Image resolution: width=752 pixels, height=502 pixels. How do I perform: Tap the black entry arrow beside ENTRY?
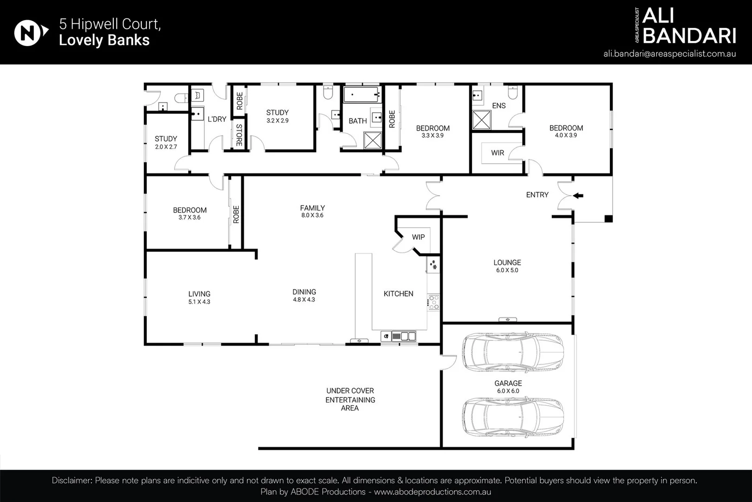pyautogui.click(x=578, y=196)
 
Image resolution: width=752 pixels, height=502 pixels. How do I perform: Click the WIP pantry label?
pyautogui.click(x=418, y=237)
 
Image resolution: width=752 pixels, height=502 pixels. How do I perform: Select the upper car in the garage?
pyautogui.click(x=513, y=351)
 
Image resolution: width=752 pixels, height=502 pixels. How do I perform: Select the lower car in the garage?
pyautogui.click(x=513, y=417)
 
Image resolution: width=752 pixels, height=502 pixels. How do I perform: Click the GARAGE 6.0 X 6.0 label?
pyautogui.click(x=508, y=387)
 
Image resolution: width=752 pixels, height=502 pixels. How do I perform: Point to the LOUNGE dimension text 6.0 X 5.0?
pyautogui.click(x=507, y=270)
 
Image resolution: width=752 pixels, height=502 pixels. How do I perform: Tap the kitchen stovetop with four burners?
pyautogui.click(x=433, y=302)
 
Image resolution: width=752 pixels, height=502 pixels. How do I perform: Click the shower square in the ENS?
pyautogui.click(x=482, y=120)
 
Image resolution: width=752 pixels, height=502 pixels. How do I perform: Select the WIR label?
pyautogui.click(x=497, y=153)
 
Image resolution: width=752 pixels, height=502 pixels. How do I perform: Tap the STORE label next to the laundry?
pyautogui.click(x=239, y=135)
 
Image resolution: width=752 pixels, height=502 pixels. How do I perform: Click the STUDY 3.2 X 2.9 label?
pyautogui.click(x=277, y=116)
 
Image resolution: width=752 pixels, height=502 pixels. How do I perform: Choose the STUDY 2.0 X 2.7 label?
pyautogui.click(x=166, y=142)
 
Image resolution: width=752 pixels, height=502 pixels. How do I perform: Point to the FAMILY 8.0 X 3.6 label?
pyautogui.click(x=312, y=211)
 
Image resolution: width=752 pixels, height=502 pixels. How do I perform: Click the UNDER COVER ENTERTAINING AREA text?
pyautogui.click(x=350, y=399)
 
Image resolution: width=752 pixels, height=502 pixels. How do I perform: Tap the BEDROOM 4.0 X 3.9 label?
pyautogui.click(x=566, y=132)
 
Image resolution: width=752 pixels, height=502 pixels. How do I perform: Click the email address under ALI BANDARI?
pyautogui.click(x=669, y=53)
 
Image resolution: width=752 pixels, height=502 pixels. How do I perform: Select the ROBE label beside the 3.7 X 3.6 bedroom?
pyautogui.click(x=236, y=214)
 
